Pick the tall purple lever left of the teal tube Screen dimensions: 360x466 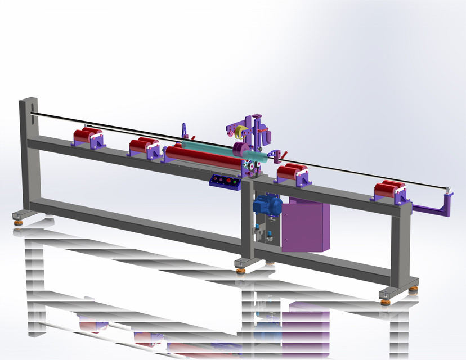click(185, 132)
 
